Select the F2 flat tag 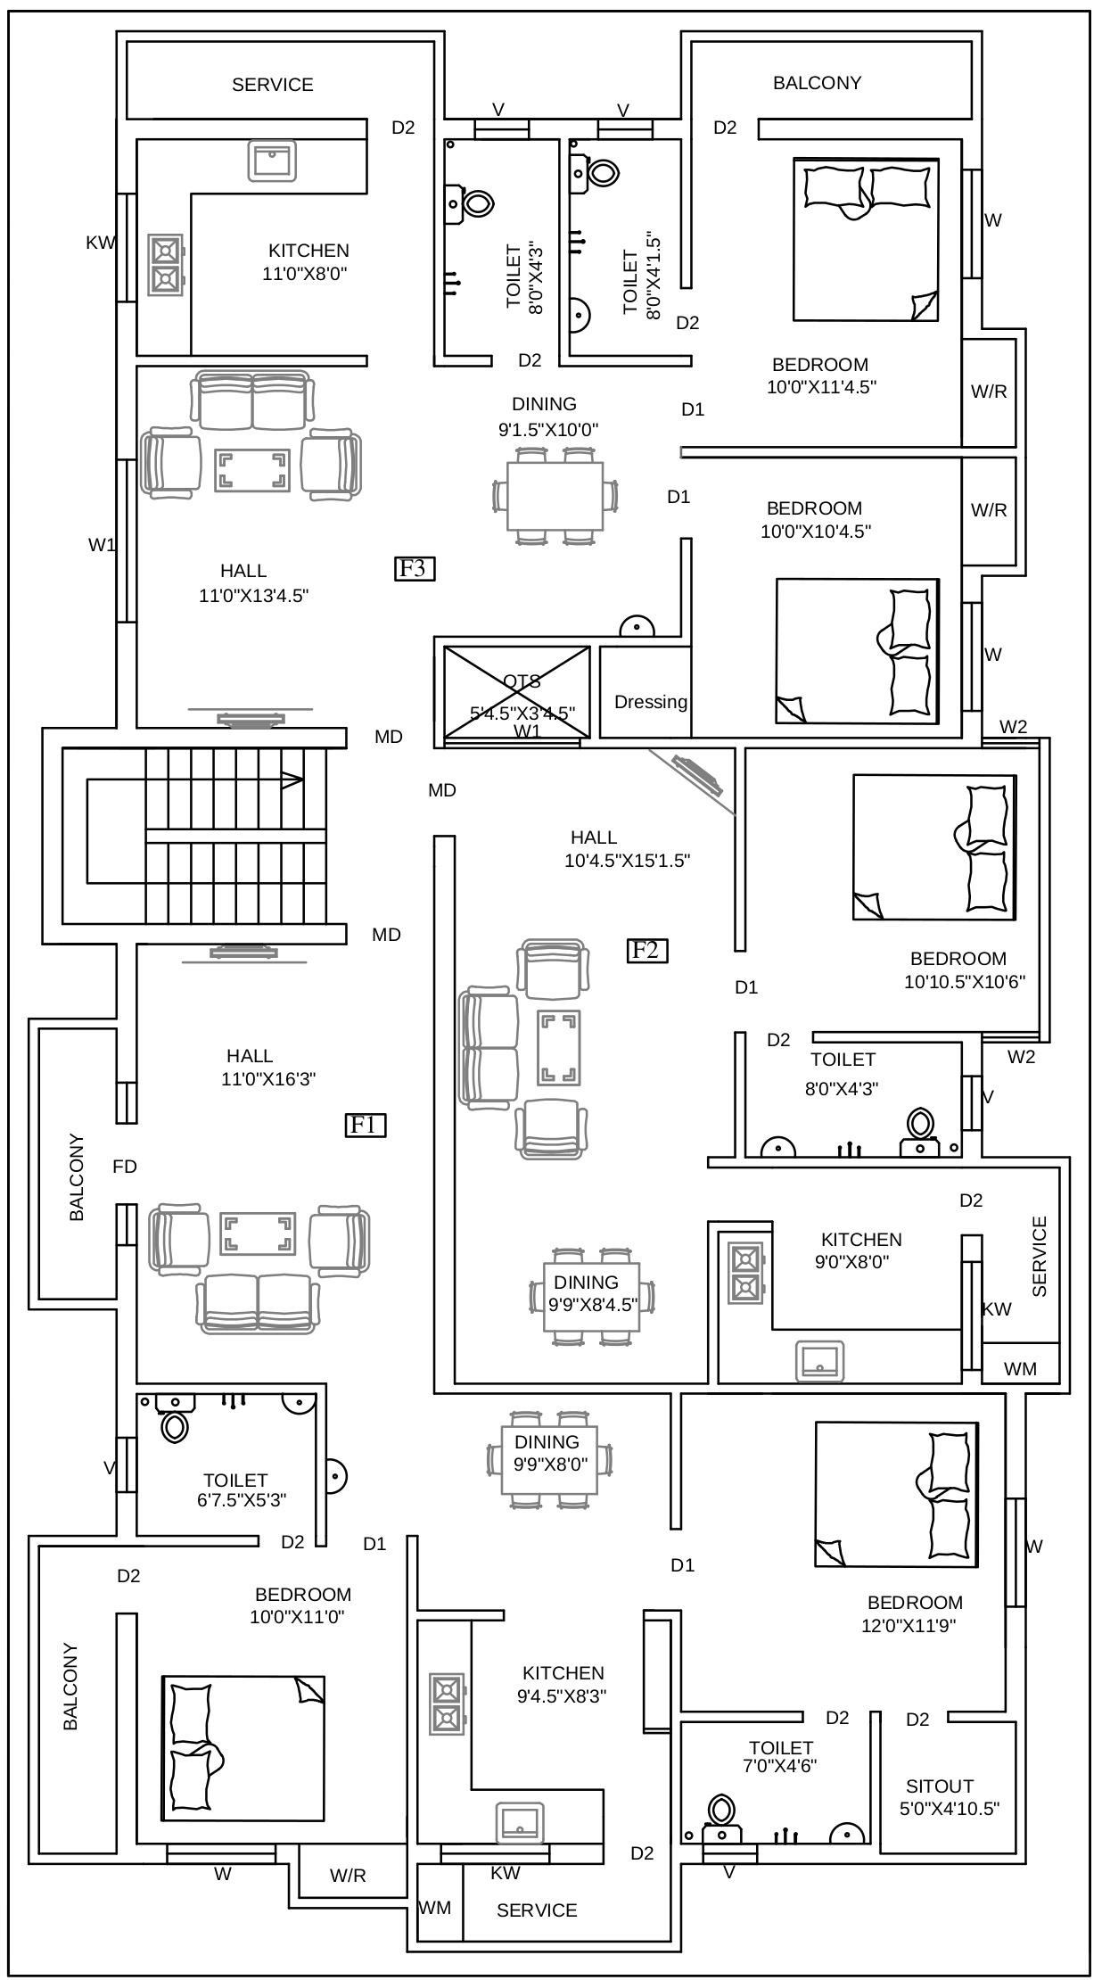pyautogui.click(x=646, y=951)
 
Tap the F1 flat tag pyautogui.click(x=366, y=1126)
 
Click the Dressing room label pyautogui.click(x=651, y=702)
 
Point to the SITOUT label pyautogui.click(x=940, y=1786)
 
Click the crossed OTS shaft pyautogui.click(x=517, y=692)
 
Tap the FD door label pyautogui.click(x=125, y=1167)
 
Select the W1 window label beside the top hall pyautogui.click(x=102, y=545)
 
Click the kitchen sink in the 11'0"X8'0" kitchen pyautogui.click(x=272, y=161)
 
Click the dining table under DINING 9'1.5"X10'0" pyautogui.click(x=555, y=497)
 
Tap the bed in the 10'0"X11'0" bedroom pyautogui.click(x=243, y=1748)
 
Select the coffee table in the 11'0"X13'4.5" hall pyautogui.click(x=252, y=471)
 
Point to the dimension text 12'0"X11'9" pyautogui.click(x=909, y=1625)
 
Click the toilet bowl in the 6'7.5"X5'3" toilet pyautogui.click(x=175, y=1427)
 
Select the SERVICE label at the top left pyautogui.click(x=273, y=85)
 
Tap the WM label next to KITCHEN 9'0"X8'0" pyautogui.click(x=1020, y=1369)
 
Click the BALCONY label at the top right pyautogui.click(x=817, y=83)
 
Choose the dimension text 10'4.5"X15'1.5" pyautogui.click(x=628, y=861)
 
